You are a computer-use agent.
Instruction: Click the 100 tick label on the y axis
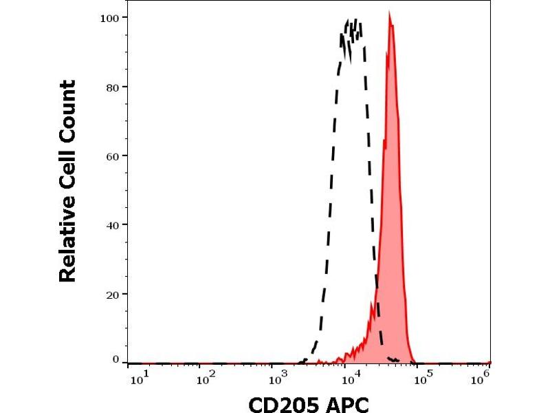click(109, 17)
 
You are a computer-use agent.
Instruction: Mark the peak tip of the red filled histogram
click(390, 13)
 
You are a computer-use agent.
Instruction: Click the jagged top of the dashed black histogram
click(352, 28)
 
